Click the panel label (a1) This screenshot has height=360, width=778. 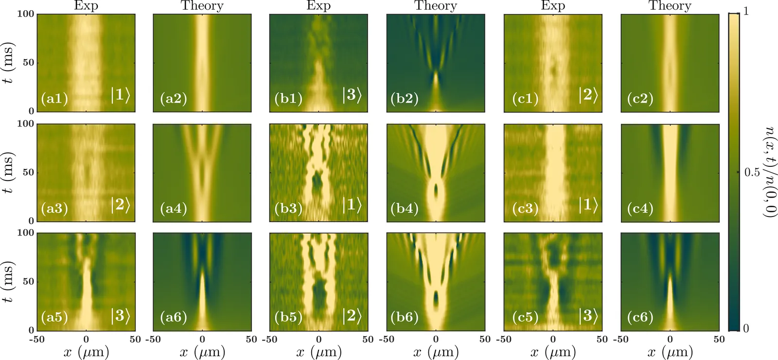54,99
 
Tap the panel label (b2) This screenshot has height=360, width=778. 405,99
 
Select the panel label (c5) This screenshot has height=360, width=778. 526,317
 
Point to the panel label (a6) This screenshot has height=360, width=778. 174,317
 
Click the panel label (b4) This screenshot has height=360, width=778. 405,208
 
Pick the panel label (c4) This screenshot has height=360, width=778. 640,208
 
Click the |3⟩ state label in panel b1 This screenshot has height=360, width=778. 352,95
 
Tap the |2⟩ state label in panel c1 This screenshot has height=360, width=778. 587,95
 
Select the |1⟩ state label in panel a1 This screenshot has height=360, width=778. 120,95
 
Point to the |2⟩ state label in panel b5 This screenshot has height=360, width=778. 352,316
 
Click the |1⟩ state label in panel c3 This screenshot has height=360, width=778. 587,205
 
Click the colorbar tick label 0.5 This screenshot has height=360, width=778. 752,172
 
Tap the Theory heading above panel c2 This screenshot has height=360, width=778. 670,6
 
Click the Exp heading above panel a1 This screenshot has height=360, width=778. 86,6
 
